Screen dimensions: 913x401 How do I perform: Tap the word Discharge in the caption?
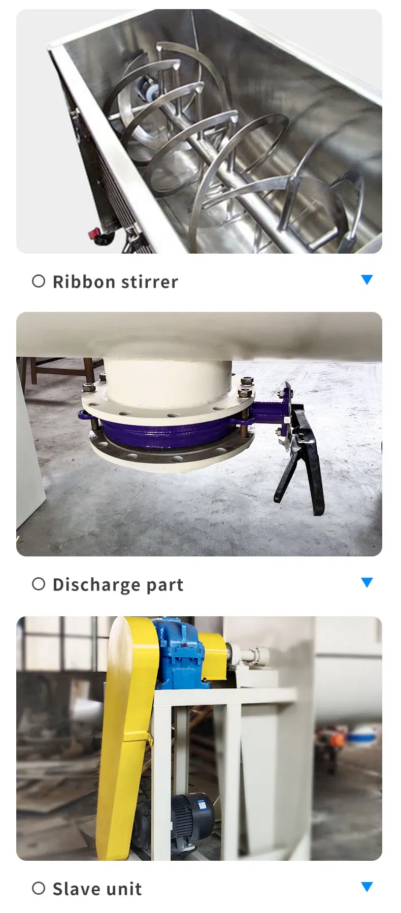tap(96, 585)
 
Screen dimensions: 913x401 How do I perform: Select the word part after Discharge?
tap(164, 585)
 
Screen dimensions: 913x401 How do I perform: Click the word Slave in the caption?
tap(76, 889)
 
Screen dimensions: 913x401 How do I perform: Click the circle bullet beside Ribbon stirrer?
tap(39, 281)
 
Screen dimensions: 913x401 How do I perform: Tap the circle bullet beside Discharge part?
tap(39, 584)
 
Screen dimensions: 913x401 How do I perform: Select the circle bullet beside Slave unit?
tap(39, 888)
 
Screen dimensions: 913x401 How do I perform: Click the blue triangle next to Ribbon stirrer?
tap(366, 279)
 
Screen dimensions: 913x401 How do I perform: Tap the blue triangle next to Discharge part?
tap(366, 582)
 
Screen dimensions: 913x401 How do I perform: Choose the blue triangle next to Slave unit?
tap(366, 886)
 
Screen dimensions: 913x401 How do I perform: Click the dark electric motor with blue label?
tap(193, 817)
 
